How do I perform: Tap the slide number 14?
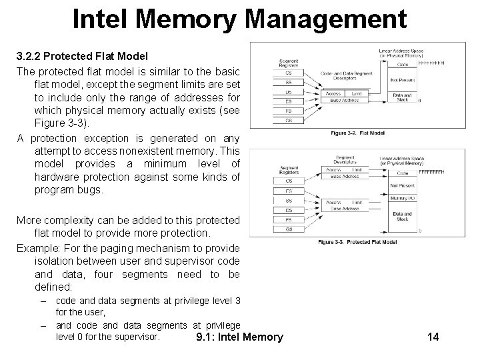coord(432,337)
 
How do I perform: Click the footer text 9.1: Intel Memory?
coord(240,337)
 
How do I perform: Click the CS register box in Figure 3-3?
coord(289,180)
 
